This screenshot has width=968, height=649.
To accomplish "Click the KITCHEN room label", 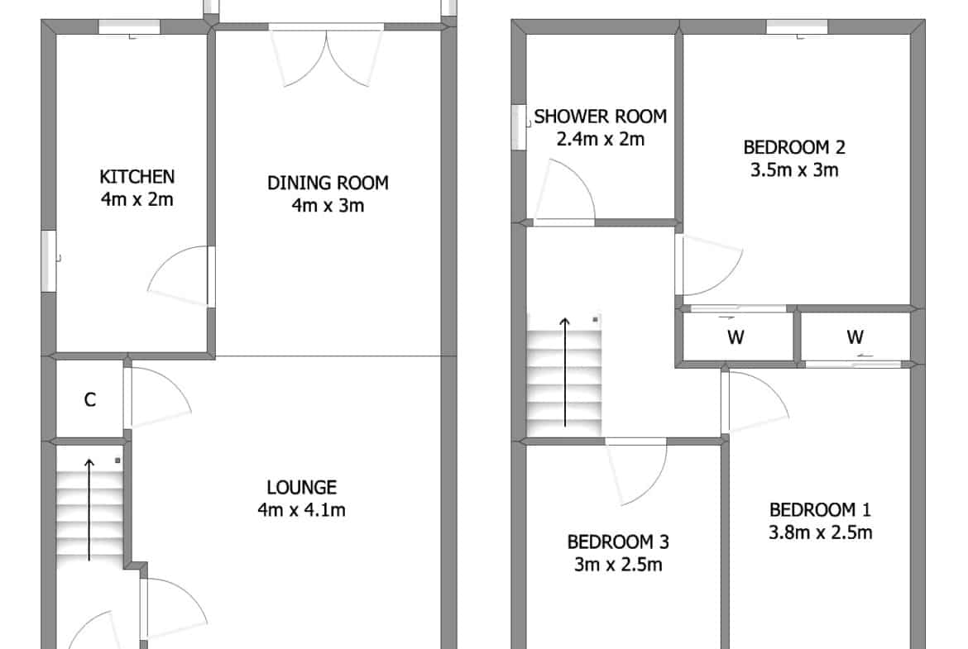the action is click(137, 177).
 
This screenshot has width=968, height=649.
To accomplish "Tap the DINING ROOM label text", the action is click(328, 184).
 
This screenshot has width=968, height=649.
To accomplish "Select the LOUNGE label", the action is click(302, 487).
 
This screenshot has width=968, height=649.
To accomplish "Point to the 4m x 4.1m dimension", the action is click(302, 510).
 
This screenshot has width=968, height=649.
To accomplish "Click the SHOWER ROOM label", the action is click(601, 117).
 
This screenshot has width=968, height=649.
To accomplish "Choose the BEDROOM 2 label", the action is click(794, 147).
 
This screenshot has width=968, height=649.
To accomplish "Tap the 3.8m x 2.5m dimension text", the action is click(821, 532).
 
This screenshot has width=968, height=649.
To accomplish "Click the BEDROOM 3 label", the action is click(618, 542).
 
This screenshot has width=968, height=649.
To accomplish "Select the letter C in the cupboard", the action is click(90, 400).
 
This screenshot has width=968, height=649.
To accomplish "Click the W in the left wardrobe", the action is click(736, 336).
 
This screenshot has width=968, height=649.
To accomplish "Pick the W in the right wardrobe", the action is click(855, 336).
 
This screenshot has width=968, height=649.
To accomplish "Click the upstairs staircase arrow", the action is click(565, 372).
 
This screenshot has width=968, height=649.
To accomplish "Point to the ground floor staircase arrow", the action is click(89, 509).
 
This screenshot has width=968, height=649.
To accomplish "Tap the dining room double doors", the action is click(326, 55).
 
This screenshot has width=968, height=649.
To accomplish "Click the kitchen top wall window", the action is click(130, 26).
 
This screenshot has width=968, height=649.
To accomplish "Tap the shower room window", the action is click(519, 127).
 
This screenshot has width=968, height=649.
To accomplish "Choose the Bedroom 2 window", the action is click(797, 26).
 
